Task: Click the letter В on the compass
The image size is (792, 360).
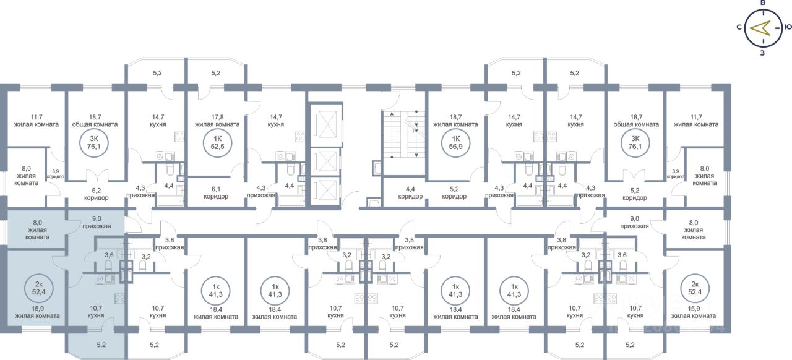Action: click(x=763, y=4)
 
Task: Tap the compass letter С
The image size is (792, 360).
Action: click(x=739, y=27)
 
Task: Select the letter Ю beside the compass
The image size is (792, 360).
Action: click(x=788, y=27)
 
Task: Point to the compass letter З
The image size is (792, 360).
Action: click(x=762, y=53)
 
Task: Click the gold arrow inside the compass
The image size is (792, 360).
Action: click(x=760, y=28)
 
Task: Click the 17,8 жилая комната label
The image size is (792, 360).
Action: click(x=217, y=120)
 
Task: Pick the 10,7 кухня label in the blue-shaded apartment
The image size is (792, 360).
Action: click(x=96, y=311)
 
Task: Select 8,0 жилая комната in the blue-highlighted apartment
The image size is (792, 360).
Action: click(x=30, y=229)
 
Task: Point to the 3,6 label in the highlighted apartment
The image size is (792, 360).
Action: click(x=109, y=255)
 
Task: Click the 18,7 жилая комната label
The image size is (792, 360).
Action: click(x=455, y=120)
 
